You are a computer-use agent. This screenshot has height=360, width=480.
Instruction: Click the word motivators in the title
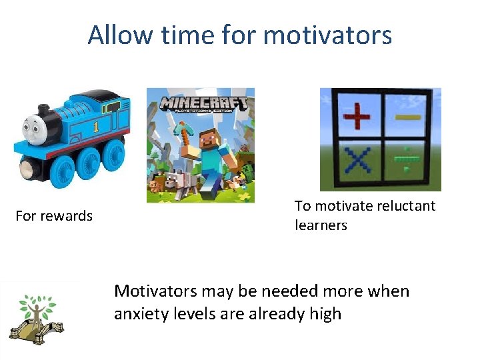[x=327, y=35]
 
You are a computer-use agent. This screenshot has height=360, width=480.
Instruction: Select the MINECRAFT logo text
[x=203, y=105]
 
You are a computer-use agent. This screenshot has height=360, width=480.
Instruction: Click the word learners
[x=321, y=225]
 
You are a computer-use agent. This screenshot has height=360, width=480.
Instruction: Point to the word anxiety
[x=141, y=313]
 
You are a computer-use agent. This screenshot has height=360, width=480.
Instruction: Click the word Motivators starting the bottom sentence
[x=155, y=291]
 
